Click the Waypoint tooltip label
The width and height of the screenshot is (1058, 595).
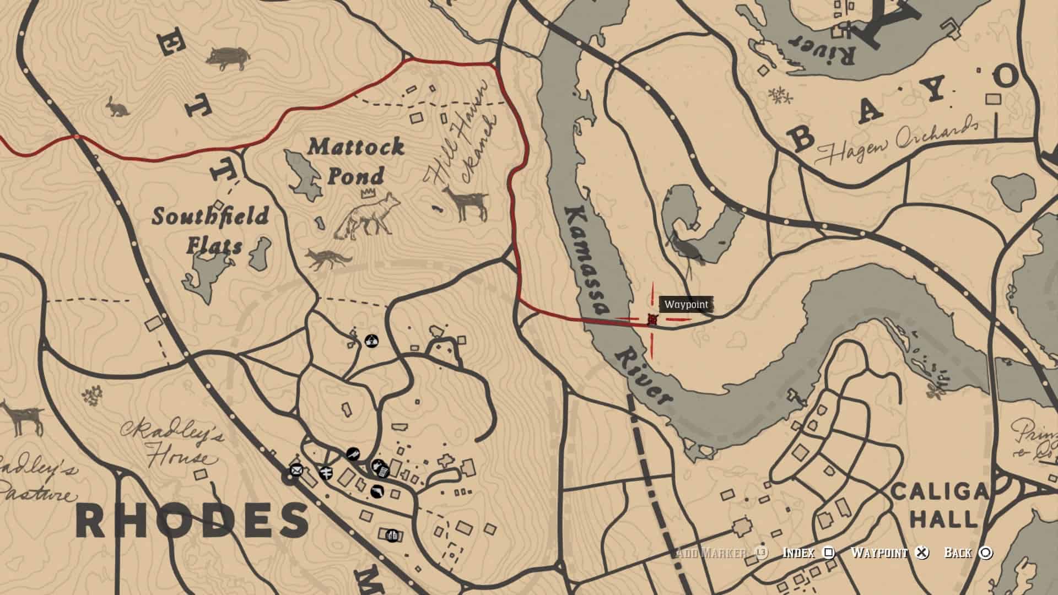pyautogui.click(x=686, y=305)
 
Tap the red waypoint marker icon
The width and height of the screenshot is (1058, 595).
pyautogui.click(x=652, y=320)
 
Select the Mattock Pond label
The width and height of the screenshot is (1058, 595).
pyautogui.click(x=355, y=161)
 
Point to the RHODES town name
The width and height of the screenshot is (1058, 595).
pyautogui.click(x=192, y=521)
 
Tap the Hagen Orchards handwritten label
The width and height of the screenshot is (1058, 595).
pyautogui.click(x=898, y=141)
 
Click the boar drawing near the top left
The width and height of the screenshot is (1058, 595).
pyautogui.click(x=228, y=57)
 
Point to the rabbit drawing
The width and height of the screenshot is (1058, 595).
pyautogui.click(x=118, y=107)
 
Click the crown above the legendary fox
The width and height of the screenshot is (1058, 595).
pyautogui.click(x=366, y=193)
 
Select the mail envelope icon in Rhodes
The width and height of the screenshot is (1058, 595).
pyautogui.click(x=296, y=470)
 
